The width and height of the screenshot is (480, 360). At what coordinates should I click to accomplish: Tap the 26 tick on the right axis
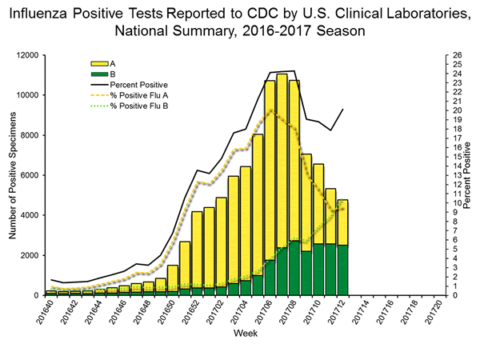click(454, 55)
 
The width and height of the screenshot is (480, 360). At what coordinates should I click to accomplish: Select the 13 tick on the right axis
click(454, 175)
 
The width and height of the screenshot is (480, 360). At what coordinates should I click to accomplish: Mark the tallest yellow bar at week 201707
click(282, 160)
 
